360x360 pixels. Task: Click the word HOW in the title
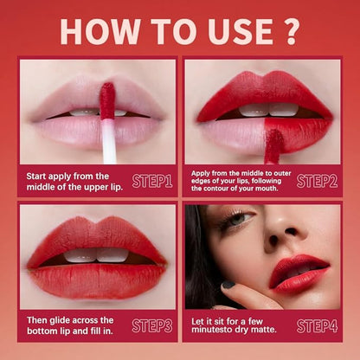point(100,31)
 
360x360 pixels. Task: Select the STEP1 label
point(152,181)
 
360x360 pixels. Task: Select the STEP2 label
point(317,181)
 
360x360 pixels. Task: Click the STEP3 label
point(152,326)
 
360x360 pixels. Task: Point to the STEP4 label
point(317,326)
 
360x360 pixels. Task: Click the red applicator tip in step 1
point(107,101)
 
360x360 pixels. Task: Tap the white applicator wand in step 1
point(109,141)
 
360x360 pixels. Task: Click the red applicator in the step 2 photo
point(273,146)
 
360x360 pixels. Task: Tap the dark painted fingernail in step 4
point(228,285)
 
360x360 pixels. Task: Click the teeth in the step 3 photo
point(96,255)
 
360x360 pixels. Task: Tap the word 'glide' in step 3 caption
point(60,320)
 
